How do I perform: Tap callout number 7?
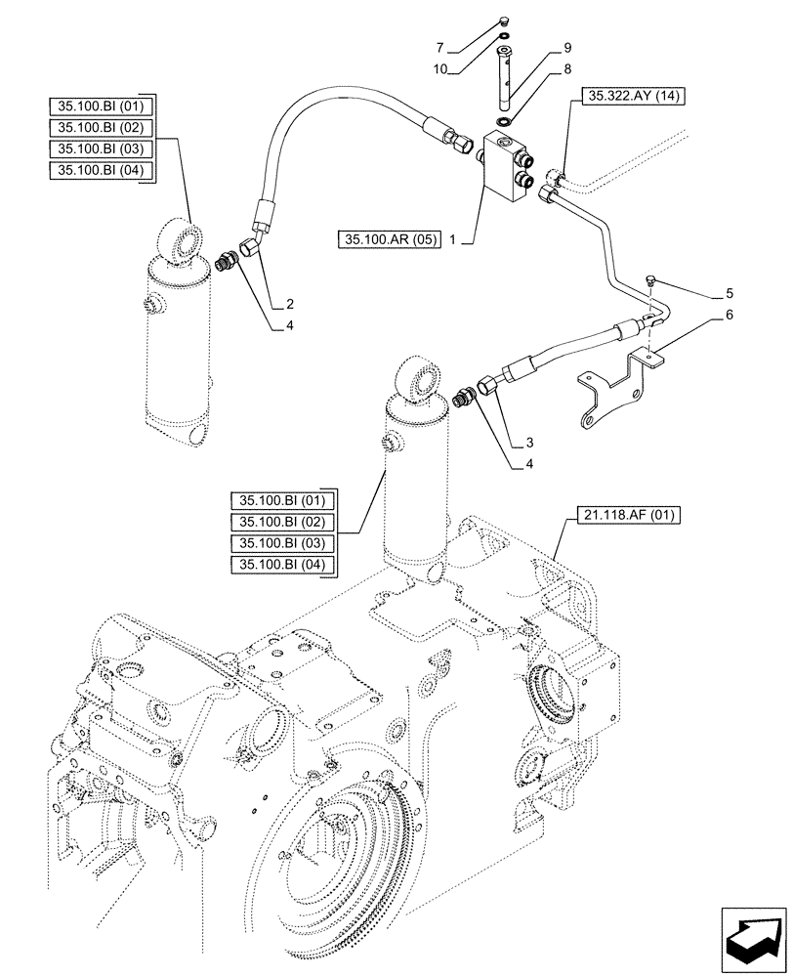click(440, 46)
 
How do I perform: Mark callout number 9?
click(566, 46)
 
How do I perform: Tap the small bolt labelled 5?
click(649, 281)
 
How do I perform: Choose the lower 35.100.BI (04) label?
click(282, 565)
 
